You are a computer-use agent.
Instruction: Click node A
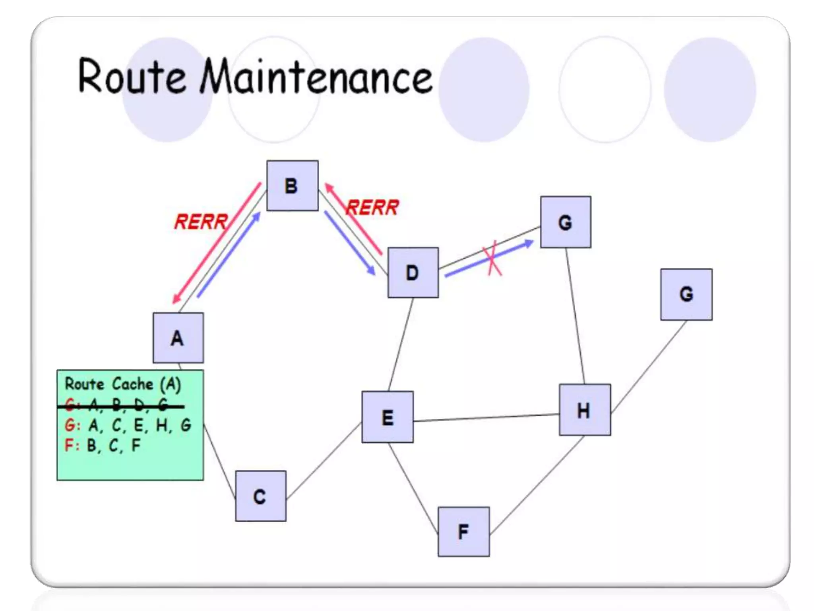pos(178,338)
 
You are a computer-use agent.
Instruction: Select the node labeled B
pos(292,186)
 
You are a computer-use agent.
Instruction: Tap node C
pos(260,496)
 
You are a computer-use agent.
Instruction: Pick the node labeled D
pos(413,272)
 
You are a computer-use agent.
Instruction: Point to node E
pos(388,417)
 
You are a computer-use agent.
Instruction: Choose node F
pos(463,531)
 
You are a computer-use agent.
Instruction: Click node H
pos(585,410)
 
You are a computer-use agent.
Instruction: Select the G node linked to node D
pos(565,222)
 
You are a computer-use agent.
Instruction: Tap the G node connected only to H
pos(686,294)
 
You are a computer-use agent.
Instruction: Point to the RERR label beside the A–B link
pos(201,222)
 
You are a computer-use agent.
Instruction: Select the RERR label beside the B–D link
pos(372,207)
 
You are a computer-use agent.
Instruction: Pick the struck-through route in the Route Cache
pos(119,405)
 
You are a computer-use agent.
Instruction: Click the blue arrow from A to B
pos(229,255)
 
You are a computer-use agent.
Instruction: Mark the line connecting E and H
pos(486,417)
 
